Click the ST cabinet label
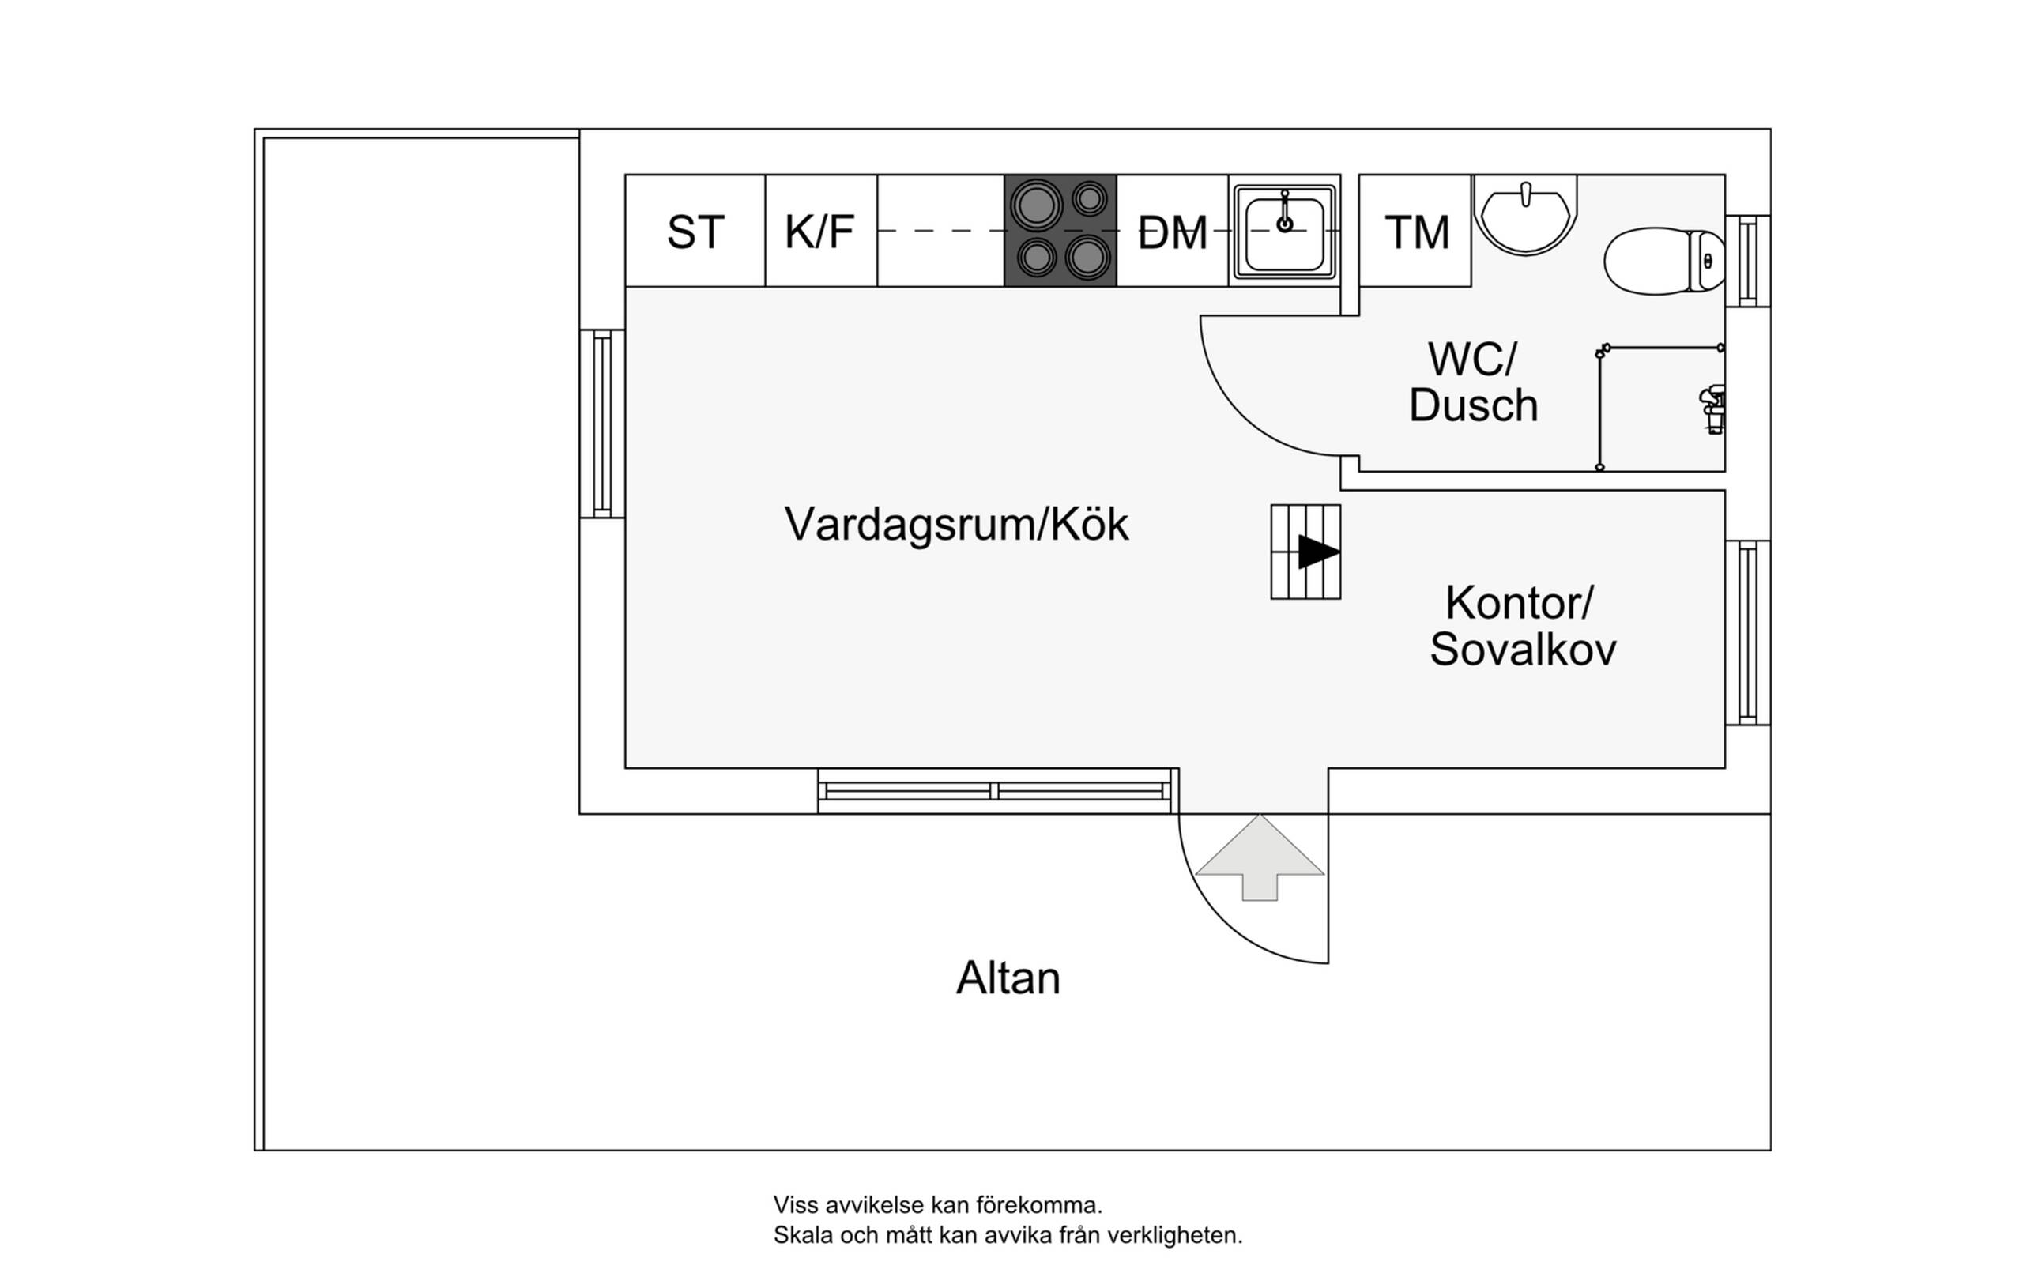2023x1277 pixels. coord(695,232)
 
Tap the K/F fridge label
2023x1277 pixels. coord(819,232)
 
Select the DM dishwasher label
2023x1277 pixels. coord(1172,232)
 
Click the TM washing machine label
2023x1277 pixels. coord(1416,232)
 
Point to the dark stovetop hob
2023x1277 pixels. coord(1060,230)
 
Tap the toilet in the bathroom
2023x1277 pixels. coord(1663,261)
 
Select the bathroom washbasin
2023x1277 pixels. coord(1525,213)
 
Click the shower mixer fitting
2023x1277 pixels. coord(1712,409)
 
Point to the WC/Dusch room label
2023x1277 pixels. coord(1473,382)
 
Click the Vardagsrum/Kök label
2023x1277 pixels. coord(956,524)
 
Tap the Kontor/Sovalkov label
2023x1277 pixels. coord(1522,626)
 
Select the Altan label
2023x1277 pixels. coord(1008,978)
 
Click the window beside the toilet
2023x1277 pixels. coord(1747,261)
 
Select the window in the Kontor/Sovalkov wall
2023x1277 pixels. coord(1747,631)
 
